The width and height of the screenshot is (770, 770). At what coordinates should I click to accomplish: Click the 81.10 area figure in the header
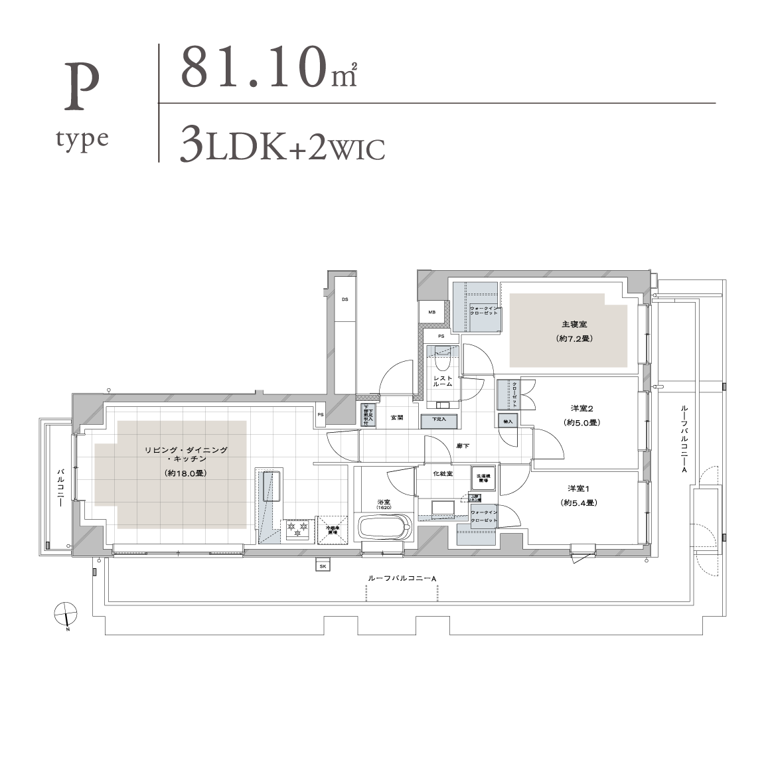pyautogui.click(x=256, y=68)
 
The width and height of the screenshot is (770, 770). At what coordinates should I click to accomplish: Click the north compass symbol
pyautogui.click(x=65, y=614)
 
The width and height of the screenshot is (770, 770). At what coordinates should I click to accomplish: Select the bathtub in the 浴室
pyautogui.click(x=384, y=529)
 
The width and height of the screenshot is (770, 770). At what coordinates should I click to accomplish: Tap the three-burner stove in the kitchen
pyautogui.click(x=297, y=529)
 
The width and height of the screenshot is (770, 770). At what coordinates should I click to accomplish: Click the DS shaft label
pyautogui.click(x=345, y=299)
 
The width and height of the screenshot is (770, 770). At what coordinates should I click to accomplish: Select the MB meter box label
pyautogui.click(x=431, y=312)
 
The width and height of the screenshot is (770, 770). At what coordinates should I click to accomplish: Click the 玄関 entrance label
pyautogui.click(x=396, y=418)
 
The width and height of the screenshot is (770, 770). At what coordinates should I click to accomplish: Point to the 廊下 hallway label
pyautogui.click(x=463, y=445)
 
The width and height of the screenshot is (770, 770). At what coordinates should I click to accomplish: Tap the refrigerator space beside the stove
pyautogui.click(x=333, y=529)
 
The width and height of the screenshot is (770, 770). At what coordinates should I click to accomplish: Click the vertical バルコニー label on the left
pyautogui.click(x=60, y=487)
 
